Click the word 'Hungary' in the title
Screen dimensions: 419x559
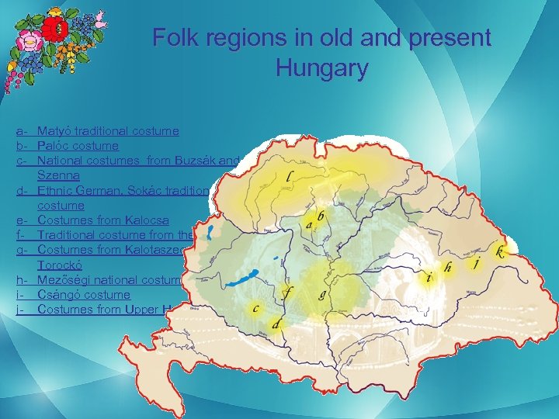[x=321, y=68]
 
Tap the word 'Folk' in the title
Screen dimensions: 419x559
[x=175, y=37]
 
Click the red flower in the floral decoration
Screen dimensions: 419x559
[x=54, y=29]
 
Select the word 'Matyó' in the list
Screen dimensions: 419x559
[x=55, y=131]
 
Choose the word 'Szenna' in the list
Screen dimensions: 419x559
[x=58, y=175]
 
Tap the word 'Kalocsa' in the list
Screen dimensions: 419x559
[x=145, y=220]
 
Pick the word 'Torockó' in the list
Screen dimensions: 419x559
[x=61, y=265]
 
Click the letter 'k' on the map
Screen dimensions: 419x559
[x=501, y=252]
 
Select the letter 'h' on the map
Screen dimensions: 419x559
[x=448, y=267]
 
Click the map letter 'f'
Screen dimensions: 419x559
[x=289, y=293]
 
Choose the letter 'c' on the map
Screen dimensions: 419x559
[x=255, y=309]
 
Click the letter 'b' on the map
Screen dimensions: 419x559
[x=320, y=214]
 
